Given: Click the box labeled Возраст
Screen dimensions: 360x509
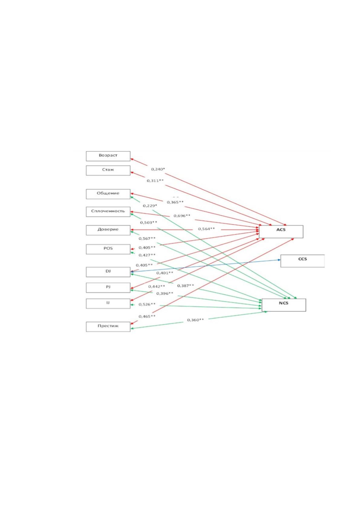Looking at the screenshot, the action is point(108,156).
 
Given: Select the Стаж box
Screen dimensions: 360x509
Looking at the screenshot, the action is point(108,170).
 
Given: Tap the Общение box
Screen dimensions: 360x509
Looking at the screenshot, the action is point(108,194).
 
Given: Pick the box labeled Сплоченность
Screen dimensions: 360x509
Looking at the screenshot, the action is point(108,212).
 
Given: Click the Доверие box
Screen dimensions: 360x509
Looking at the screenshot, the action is point(108,230).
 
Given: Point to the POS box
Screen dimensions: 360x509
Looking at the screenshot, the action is point(108,249).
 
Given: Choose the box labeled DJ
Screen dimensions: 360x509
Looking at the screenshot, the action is point(108,272).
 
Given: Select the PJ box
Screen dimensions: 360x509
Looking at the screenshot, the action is point(108,288).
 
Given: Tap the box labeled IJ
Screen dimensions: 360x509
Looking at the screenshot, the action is point(108,303).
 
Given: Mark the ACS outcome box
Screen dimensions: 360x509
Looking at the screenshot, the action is point(281,232).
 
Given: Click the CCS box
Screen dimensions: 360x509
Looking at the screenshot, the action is point(303,261).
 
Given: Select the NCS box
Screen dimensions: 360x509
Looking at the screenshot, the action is point(284,305).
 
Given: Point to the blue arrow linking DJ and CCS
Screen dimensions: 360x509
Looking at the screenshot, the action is point(206,266).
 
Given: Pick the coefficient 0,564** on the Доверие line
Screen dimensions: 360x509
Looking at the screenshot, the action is point(206,229).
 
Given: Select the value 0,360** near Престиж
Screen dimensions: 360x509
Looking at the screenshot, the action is point(196,320).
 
